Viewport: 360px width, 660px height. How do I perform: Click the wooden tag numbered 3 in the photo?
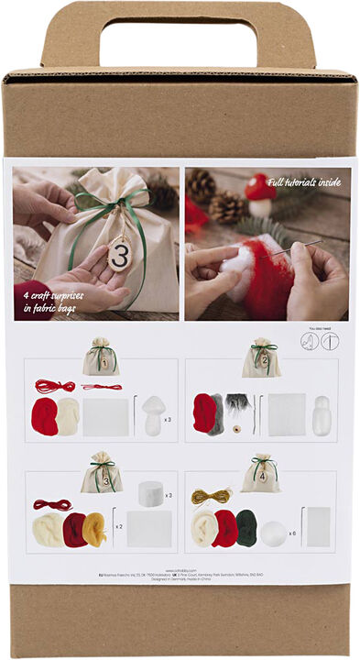[x=119, y=253]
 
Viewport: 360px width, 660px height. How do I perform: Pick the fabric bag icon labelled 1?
[x=101, y=357]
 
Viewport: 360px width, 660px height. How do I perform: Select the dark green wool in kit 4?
[x=246, y=527]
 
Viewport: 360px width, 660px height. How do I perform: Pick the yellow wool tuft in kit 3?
[x=94, y=529]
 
